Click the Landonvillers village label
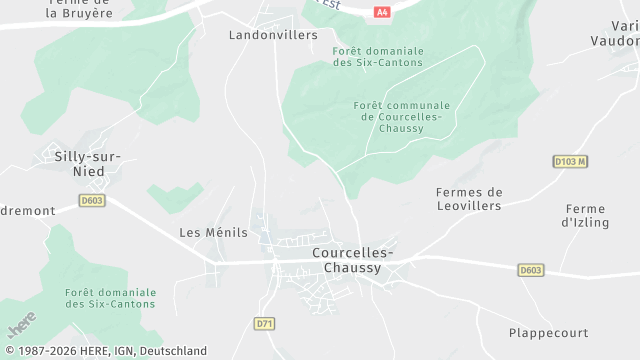[273, 35]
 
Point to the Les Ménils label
[213, 232]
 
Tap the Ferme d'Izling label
[585, 215]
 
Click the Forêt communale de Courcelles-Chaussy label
[402, 117]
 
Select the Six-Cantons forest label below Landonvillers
[378, 56]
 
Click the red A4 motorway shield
[381, 12]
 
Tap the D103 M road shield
[569, 160]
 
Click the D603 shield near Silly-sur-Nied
[92, 200]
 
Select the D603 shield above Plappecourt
[531, 270]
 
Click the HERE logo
[20, 326]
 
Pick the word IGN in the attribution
[119, 351]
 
